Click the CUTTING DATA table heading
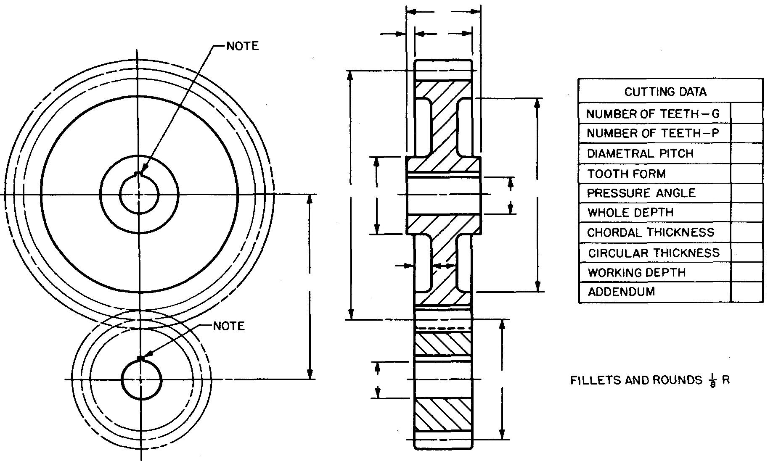click(665, 92)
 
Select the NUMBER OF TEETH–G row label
click(653, 114)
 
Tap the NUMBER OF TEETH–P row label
click(653, 134)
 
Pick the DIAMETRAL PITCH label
click(640, 153)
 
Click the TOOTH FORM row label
click(626, 174)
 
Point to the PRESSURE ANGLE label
click(641, 193)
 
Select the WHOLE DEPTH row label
click(630, 213)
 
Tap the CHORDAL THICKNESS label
click(651, 233)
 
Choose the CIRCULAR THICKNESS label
click(654, 253)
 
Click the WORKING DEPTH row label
click(637, 273)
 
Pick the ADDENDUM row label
click(621, 292)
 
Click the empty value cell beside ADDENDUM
click(747, 292)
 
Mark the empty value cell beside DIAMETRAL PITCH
click(747, 153)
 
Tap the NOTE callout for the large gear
click(243, 46)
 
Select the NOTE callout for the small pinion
click(229, 326)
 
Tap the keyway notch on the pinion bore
click(141, 358)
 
